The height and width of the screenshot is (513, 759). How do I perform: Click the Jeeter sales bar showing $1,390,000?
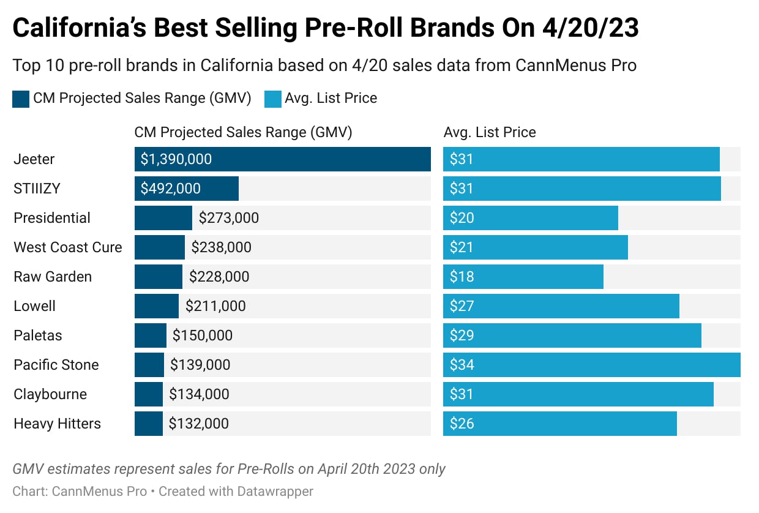click(282, 159)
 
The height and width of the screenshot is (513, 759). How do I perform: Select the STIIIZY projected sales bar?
click(186, 189)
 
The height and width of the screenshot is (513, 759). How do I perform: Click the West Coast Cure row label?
click(68, 247)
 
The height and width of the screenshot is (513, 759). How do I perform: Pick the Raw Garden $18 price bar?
click(523, 277)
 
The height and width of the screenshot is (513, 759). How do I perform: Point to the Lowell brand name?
click(35, 306)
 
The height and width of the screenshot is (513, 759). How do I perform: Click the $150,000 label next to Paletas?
click(203, 335)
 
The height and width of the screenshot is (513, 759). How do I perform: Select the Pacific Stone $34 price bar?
click(591, 365)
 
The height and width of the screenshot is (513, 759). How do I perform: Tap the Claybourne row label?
click(50, 394)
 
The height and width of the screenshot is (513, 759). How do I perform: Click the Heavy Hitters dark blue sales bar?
click(149, 424)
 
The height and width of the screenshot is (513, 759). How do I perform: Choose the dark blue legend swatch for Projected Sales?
click(21, 99)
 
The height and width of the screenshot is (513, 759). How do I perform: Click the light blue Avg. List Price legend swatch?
click(272, 99)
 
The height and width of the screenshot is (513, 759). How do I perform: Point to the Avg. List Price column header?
click(490, 132)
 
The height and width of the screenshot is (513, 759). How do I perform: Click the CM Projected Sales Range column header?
click(243, 132)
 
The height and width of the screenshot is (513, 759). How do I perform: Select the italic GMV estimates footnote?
click(229, 469)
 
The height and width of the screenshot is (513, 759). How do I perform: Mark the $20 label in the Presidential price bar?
click(462, 218)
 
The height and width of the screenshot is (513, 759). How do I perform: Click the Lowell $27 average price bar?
click(561, 306)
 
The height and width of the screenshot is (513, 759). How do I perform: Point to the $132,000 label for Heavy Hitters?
click(199, 424)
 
